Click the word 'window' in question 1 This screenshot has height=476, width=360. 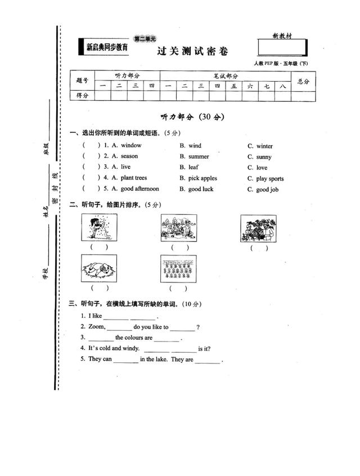[131, 145]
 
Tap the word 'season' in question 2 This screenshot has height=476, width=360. [129, 156]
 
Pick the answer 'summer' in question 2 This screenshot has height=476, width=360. [199, 156]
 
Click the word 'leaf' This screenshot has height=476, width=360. [193, 167]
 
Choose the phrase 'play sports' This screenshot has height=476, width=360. [270, 179]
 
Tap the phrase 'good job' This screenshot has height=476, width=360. [267, 190]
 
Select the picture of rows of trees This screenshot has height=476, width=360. [178, 269]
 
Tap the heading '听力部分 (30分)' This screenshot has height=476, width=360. [192, 117]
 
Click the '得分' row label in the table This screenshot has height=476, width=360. [82, 96]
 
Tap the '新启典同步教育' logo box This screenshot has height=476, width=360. [107, 48]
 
